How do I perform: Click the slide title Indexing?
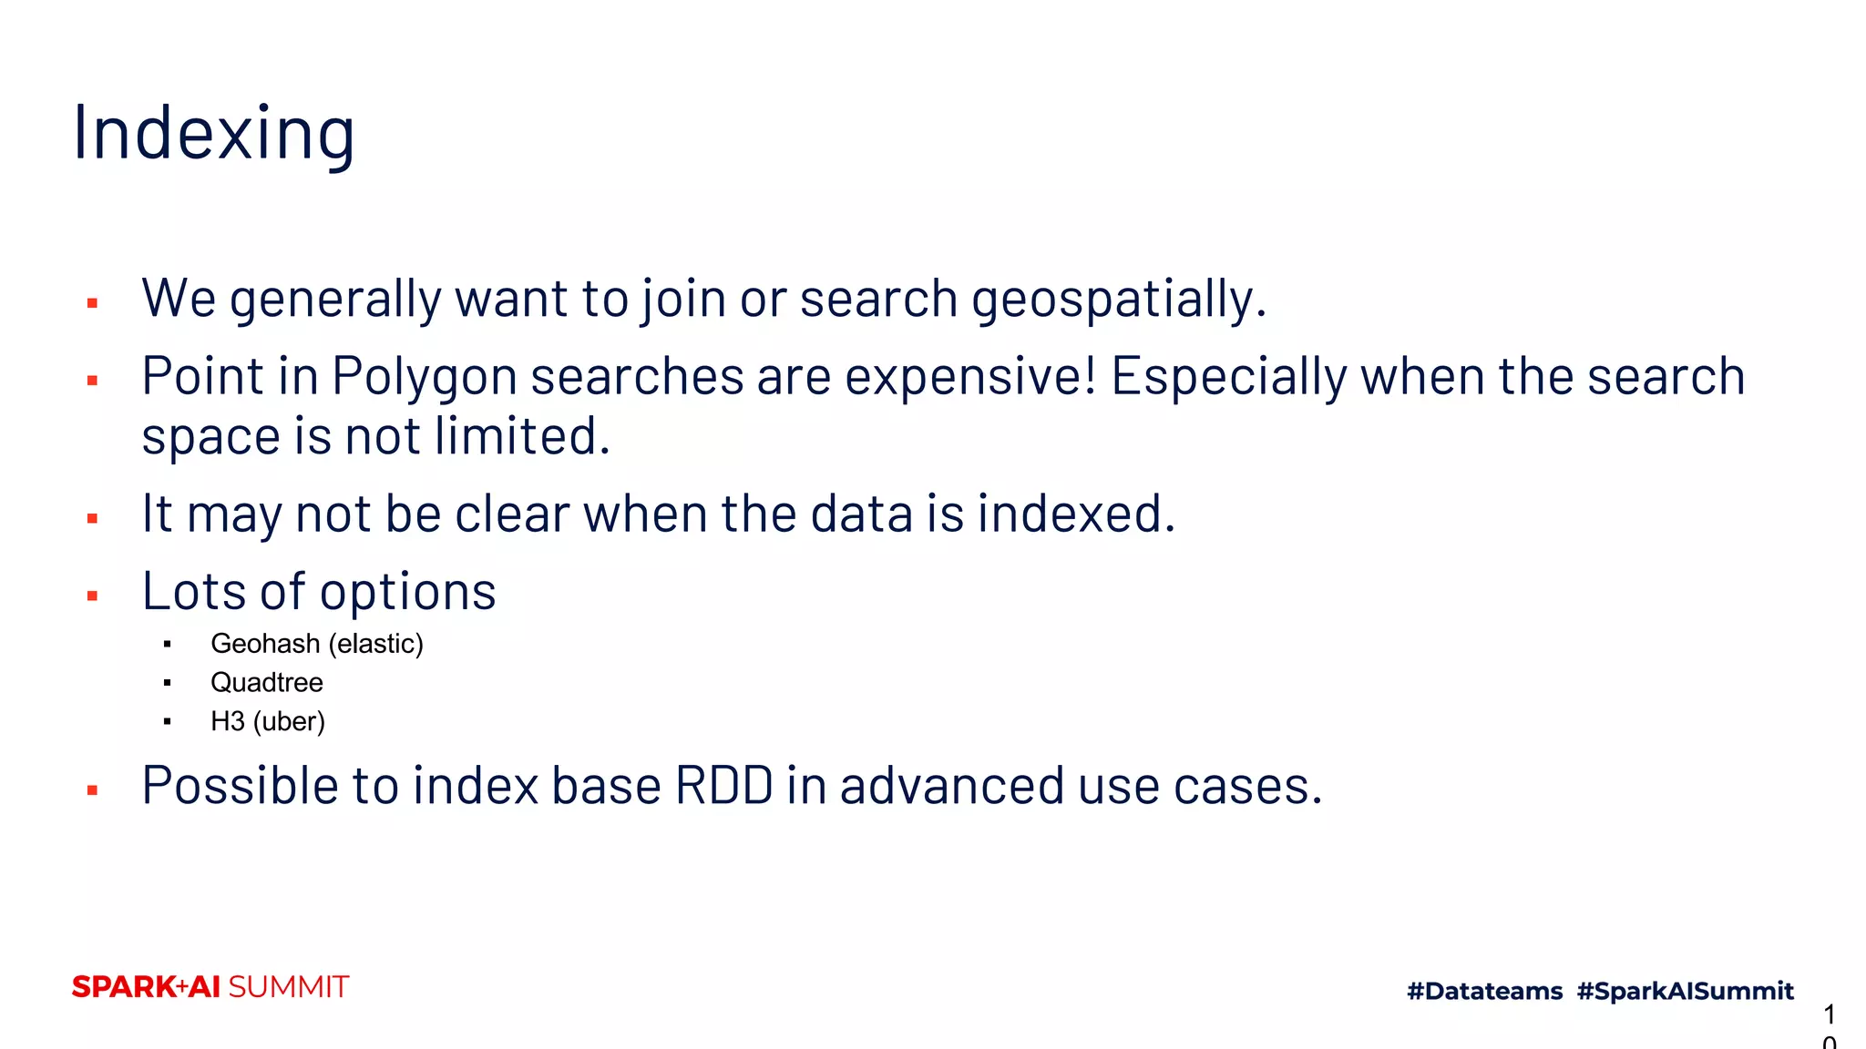click(214, 134)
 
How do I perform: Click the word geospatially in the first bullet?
click(1118, 299)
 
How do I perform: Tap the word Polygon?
click(424, 377)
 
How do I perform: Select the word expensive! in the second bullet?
click(970, 377)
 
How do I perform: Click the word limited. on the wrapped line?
click(521, 436)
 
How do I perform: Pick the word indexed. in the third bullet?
click(1076, 514)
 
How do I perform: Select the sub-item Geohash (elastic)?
click(316, 644)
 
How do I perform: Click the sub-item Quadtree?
click(266, 683)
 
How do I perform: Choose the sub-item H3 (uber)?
click(267, 721)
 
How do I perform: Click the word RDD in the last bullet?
click(723, 786)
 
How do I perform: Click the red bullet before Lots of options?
click(92, 596)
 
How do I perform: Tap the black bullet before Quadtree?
click(168, 683)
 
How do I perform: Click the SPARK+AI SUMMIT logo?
click(210, 987)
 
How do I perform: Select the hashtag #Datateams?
click(1484, 991)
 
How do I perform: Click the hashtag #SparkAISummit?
click(1685, 991)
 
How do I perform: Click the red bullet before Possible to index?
click(92, 790)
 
